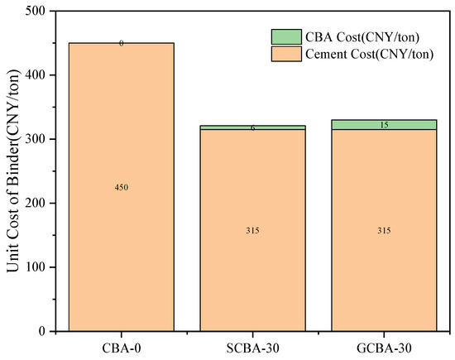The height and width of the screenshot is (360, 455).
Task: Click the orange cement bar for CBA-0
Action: (x=122, y=187)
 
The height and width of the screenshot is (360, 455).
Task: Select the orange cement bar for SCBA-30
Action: (x=252, y=230)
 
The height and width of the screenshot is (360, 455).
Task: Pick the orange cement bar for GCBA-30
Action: (x=384, y=230)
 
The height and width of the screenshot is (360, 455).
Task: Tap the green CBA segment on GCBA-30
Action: (x=384, y=124)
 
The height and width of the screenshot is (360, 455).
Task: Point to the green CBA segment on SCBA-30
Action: (x=252, y=127)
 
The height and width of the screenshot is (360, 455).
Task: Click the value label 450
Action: (x=122, y=188)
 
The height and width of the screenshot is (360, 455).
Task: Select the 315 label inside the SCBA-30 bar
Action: (x=252, y=231)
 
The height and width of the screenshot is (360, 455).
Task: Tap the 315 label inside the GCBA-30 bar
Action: (x=384, y=231)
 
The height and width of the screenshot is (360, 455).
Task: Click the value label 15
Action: (x=384, y=125)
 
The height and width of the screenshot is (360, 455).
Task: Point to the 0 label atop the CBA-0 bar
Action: (x=122, y=44)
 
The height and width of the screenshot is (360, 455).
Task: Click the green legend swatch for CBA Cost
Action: (x=286, y=37)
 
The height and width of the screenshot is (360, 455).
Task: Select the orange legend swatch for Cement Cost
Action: (x=286, y=54)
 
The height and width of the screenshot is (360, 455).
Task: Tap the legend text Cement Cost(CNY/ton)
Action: (x=370, y=55)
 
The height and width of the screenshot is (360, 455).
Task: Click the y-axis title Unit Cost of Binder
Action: (x=13, y=171)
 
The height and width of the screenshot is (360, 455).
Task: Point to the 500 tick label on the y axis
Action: (x=36, y=11)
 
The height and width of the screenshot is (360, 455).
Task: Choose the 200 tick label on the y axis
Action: (x=36, y=203)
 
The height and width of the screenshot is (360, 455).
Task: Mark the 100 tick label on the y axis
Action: (x=36, y=267)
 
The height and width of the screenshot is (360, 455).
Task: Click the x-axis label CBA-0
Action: (x=122, y=348)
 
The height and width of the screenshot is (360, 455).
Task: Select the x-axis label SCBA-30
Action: (x=252, y=348)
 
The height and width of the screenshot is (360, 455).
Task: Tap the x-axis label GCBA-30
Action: (x=384, y=348)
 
